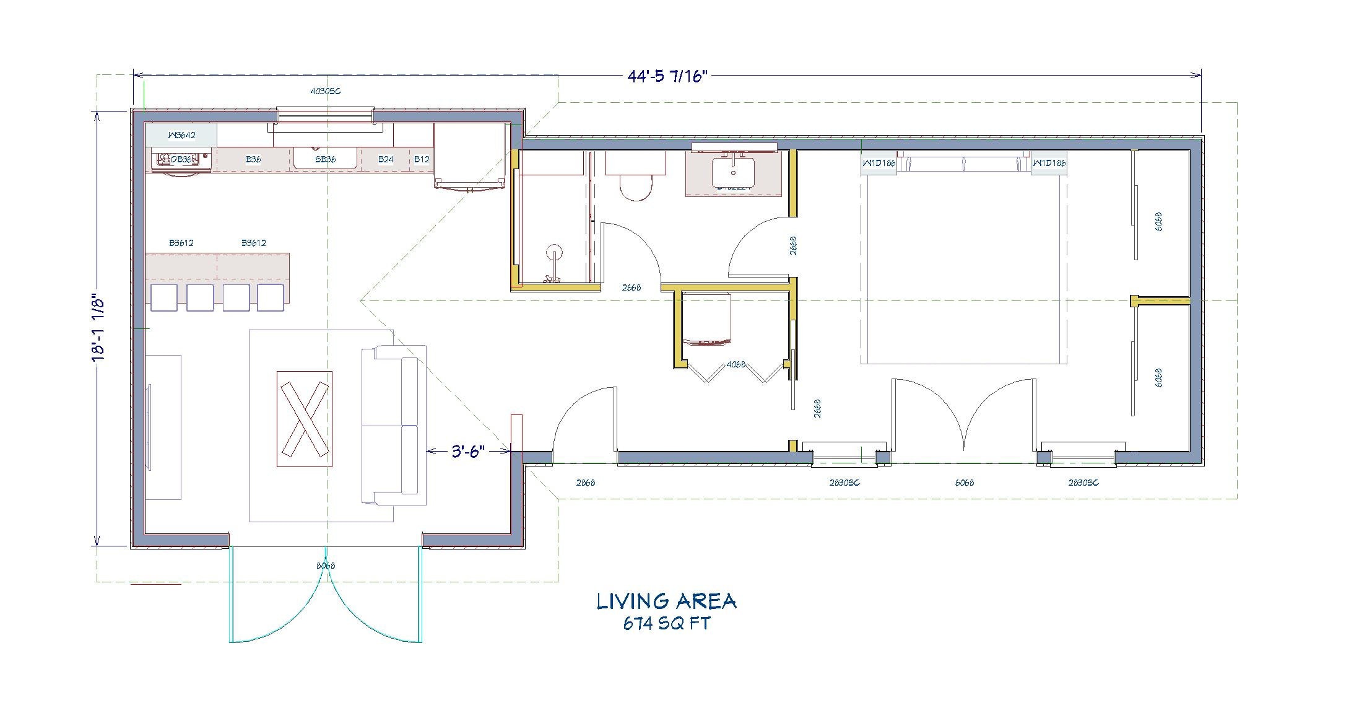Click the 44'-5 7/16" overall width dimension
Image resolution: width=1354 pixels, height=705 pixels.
[666, 76]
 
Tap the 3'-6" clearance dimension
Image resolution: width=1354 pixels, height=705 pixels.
[467, 451]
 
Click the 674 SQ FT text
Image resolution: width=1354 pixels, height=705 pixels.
[666, 623]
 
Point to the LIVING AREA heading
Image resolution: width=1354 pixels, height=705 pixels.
[666, 601]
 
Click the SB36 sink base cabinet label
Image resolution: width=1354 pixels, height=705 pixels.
[326, 159]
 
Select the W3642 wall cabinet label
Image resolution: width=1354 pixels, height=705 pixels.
[181, 134]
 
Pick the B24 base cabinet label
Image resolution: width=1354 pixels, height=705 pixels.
[386, 159]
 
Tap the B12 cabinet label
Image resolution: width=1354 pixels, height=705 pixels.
[422, 159]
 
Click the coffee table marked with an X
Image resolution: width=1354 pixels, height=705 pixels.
[304, 419]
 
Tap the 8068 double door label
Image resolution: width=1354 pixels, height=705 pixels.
[326, 566]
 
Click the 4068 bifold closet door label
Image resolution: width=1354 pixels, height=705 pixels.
[736, 364]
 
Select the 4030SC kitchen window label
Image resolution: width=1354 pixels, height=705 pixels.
[326, 91]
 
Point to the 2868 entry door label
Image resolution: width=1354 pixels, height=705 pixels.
[585, 483]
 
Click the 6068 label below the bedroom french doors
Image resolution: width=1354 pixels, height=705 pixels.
[964, 483]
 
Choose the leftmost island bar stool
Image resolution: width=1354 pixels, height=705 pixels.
[163, 297]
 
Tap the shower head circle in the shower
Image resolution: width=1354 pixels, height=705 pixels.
[554, 252]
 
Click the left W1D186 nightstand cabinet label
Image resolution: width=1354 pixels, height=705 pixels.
[879, 164]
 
